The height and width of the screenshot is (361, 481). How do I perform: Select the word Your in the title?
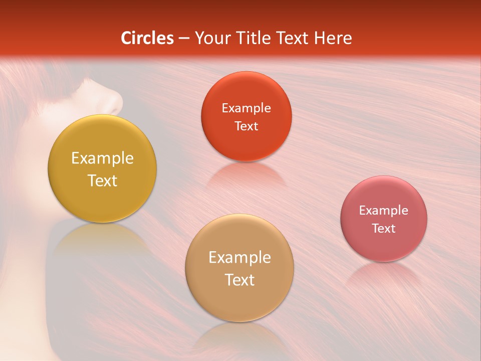(212, 38)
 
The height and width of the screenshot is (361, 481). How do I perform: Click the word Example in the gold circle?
(102, 158)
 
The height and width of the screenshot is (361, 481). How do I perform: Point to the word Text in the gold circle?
(102, 180)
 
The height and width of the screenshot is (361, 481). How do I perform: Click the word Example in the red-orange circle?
(246, 108)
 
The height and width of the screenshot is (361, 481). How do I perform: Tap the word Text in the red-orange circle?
(246, 126)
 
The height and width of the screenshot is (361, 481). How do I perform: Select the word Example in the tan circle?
(239, 258)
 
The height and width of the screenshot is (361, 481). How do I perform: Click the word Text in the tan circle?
(239, 280)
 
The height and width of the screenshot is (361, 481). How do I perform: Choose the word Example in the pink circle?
(384, 211)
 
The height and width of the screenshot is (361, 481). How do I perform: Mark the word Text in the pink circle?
(384, 229)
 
